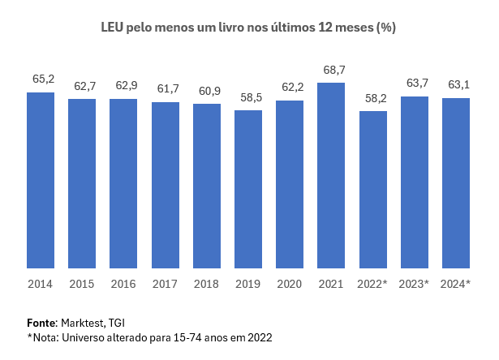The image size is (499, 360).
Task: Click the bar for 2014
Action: pyautogui.click(x=41, y=180)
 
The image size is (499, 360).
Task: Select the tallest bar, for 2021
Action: pyautogui.click(x=331, y=175)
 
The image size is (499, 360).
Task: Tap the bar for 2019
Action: pyautogui.click(x=248, y=189)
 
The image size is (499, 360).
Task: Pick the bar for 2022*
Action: pyautogui.click(x=373, y=190)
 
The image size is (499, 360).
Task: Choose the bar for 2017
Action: pyautogui.click(x=165, y=185)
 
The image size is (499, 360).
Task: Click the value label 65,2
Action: pyautogui.click(x=43, y=79)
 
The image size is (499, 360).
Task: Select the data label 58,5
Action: pyautogui.click(x=250, y=97)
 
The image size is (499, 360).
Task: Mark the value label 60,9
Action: pyautogui.click(x=209, y=91)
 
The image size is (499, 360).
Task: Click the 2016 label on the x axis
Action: pyautogui.click(x=123, y=284)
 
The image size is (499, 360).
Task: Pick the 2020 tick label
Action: pyautogui.click(x=290, y=284)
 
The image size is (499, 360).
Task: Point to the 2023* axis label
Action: pyautogui.click(x=415, y=284)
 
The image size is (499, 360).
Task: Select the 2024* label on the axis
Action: pyautogui.click(x=456, y=284)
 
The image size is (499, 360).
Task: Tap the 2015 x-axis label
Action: pyautogui.click(x=82, y=284)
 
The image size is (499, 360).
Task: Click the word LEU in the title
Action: pyautogui.click(x=112, y=28)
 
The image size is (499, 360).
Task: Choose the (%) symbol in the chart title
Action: pyautogui.click(x=385, y=28)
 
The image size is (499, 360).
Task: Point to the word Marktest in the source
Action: pyautogui.click(x=83, y=322)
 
